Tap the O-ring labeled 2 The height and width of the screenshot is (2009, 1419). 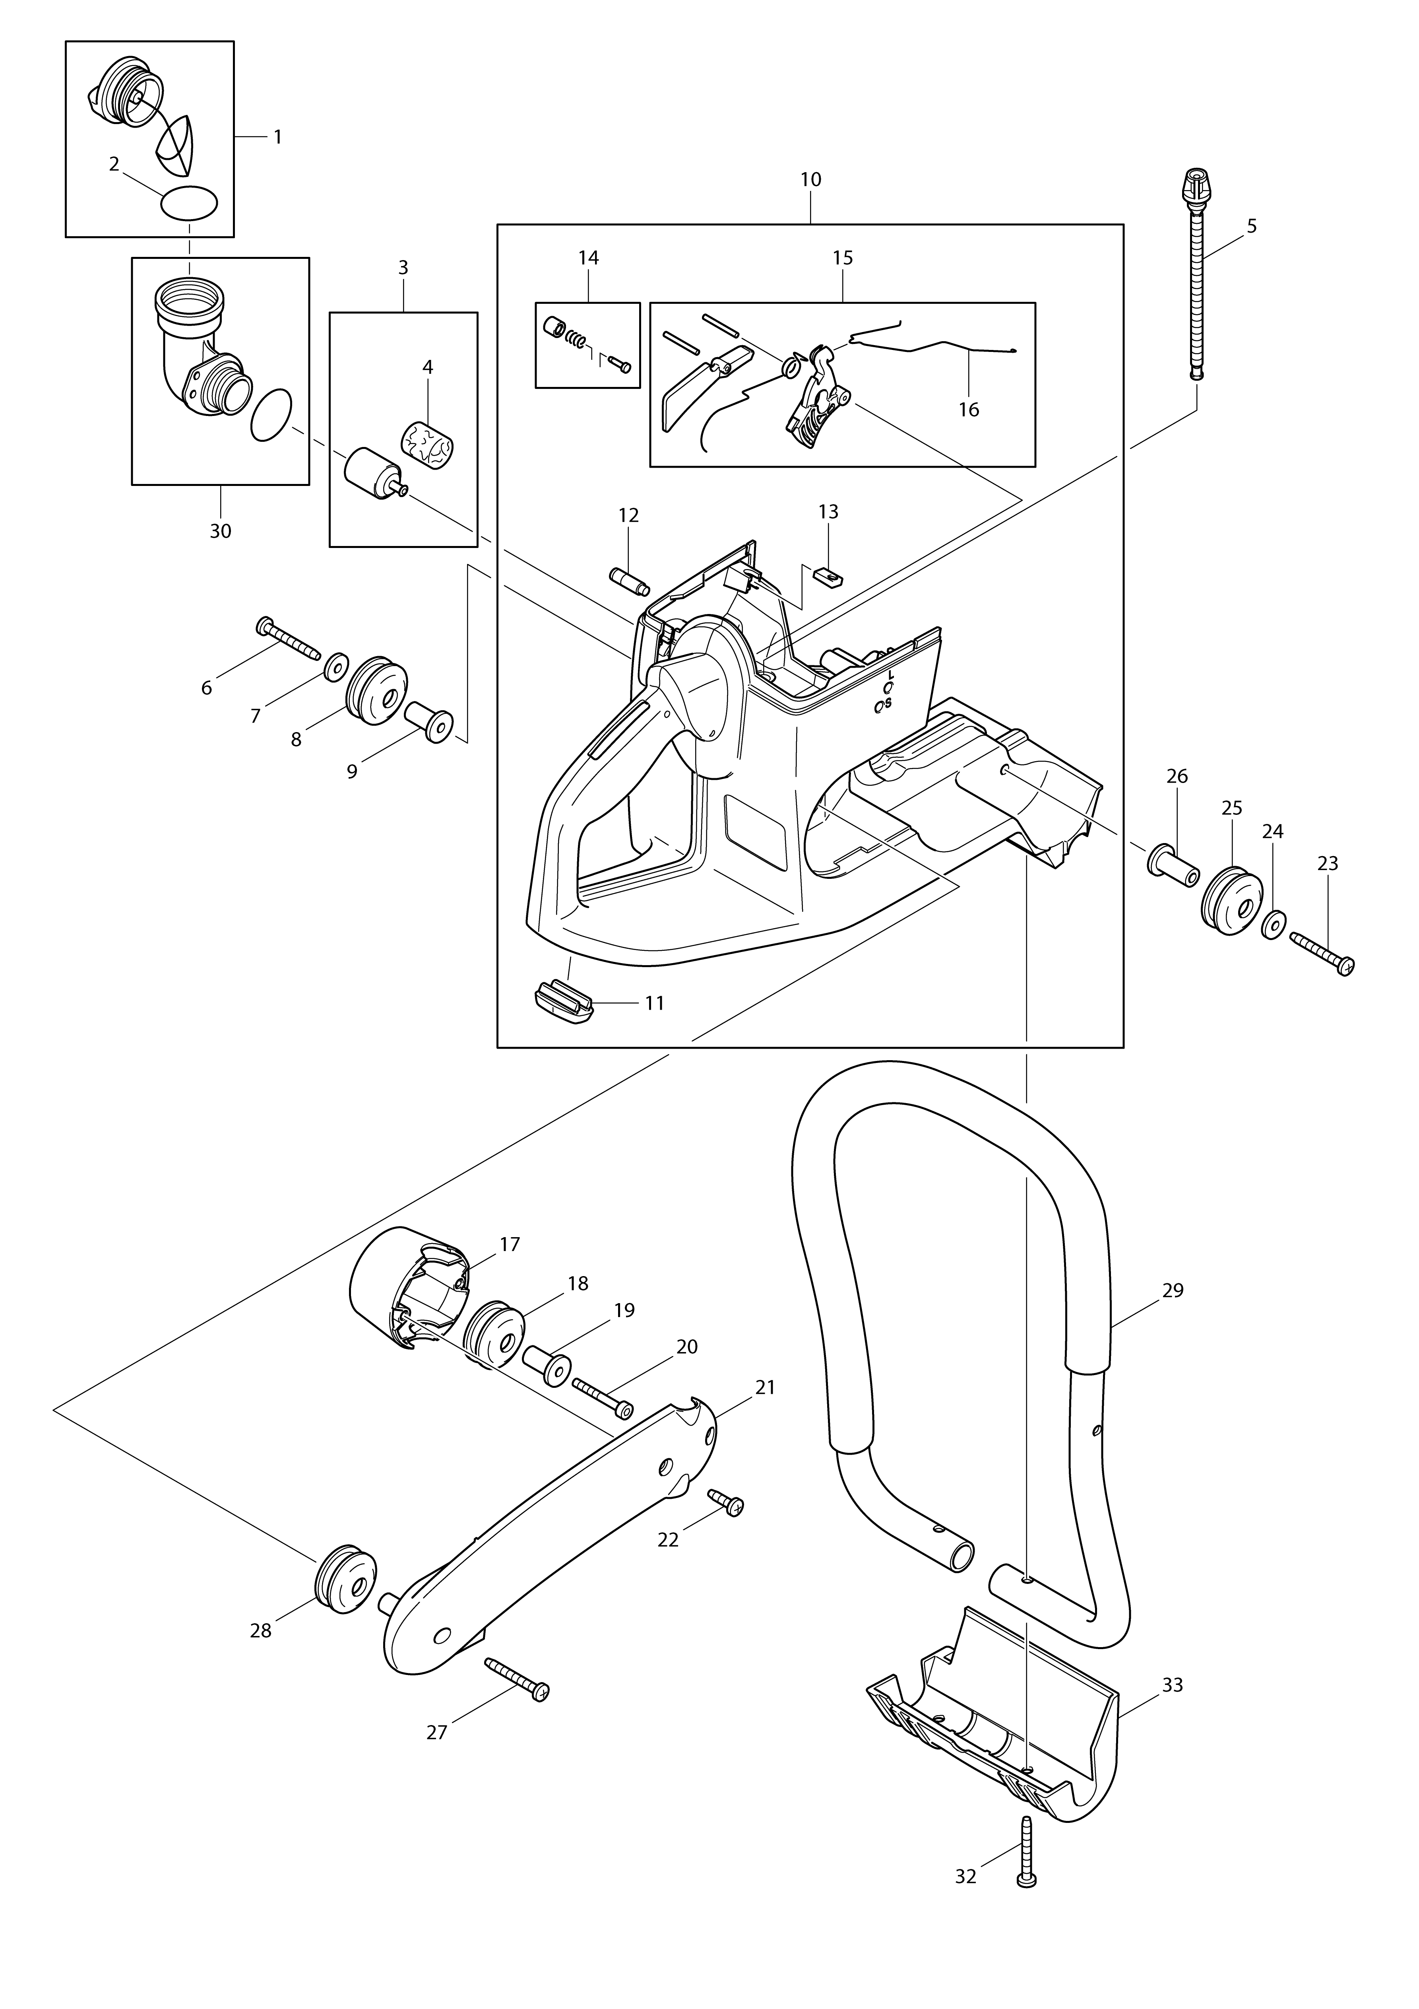(189, 204)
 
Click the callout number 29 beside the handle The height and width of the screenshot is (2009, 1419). (1172, 1290)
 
